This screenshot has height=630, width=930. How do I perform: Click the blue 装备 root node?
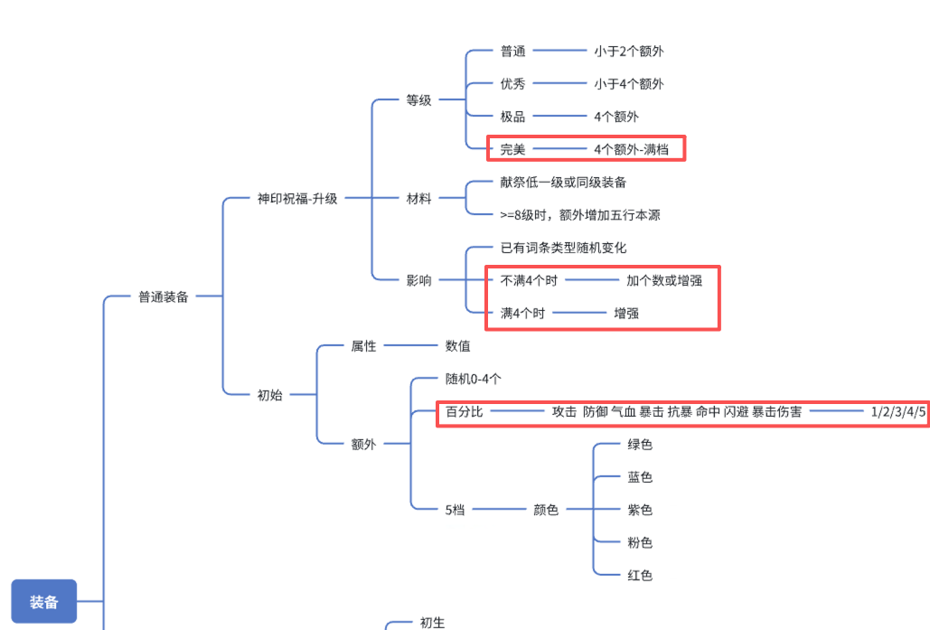click(x=44, y=602)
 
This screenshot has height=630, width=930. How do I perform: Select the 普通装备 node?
click(x=164, y=296)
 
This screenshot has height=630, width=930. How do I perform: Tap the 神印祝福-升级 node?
click(x=297, y=198)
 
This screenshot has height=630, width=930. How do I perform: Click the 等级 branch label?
click(x=418, y=100)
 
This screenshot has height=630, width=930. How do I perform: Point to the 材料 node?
click(x=418, y=198)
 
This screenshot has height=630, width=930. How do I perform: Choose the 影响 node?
click(x=418, y=280)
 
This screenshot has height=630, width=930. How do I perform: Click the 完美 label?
click(x=512, y=149)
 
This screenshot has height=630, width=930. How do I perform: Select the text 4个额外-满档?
click(x=632, y=149)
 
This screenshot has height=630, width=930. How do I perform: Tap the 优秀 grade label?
click(x=512, y=84)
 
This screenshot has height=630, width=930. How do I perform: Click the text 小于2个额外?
click(x=629, y=52)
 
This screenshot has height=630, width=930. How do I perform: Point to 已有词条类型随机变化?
click(x=563, y=248)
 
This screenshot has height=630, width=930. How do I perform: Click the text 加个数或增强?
click(x=664, y=280)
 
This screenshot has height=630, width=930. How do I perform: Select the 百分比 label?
click(x=465, y=412)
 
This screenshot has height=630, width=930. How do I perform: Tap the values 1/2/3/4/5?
click(x=898, y=412)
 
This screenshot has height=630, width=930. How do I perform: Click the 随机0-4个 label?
click(x=474, y=379)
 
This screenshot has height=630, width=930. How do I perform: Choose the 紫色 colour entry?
click(x=640, y=510)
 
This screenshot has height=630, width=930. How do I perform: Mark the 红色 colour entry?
click(x=640, y=575)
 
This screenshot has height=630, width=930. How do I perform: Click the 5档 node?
click(x=455, y=510)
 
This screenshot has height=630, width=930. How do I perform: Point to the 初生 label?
click(x=432, y=623)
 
